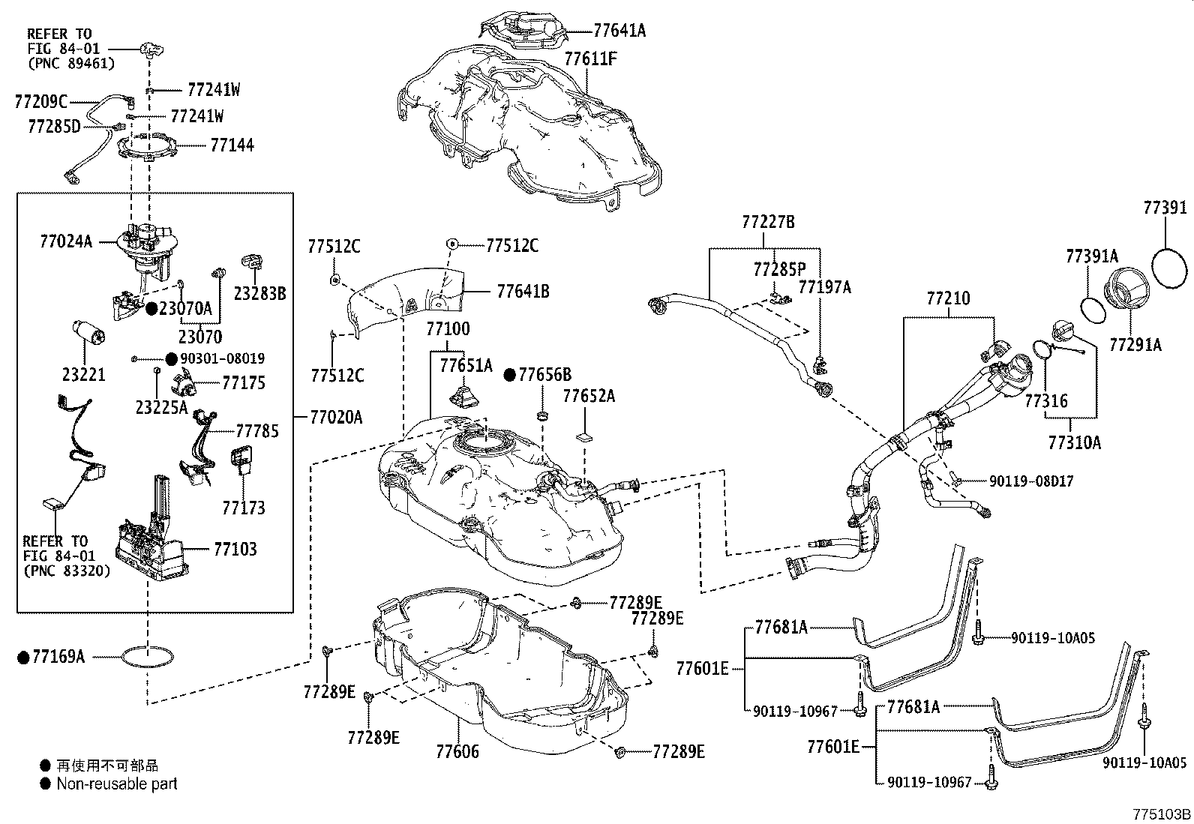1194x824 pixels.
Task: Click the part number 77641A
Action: [619, 31]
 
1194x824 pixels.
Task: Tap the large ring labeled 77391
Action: [1168, 268]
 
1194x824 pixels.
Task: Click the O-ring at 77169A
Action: [146, 657]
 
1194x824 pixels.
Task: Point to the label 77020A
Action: [336, 418]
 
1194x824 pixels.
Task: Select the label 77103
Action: [235, 550]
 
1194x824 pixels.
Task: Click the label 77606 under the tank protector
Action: [457, 751]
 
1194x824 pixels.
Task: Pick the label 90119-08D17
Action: [1020, 481]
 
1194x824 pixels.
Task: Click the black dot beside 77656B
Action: [510, 374]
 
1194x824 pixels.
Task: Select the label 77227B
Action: [768, 222]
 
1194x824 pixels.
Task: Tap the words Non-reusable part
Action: [117, 784]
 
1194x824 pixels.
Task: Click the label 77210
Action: [948, 298]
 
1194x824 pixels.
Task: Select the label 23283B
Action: [259, 294]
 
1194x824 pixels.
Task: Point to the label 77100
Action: [448, 328]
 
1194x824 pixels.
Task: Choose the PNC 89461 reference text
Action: [70, 64]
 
